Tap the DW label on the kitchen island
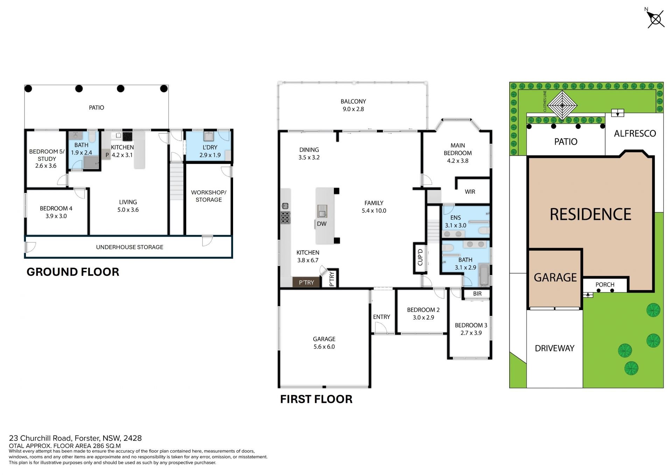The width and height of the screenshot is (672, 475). point(322,224)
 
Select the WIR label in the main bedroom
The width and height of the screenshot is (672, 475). point(470,192)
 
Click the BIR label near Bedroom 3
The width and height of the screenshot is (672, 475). point(477,294)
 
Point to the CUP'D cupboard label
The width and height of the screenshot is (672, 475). point(420,258)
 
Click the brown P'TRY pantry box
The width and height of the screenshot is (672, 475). point(306,282)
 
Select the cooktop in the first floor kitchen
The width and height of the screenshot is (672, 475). point(285,217)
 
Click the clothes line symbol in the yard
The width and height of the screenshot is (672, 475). point(562,105)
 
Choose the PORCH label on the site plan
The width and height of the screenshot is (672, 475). point(605,285)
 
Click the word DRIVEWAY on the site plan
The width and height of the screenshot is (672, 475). point(555,348)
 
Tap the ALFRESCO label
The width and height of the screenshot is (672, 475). point(635,133)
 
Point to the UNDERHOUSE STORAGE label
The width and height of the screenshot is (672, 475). point(129,247)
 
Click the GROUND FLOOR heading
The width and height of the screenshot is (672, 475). point(73,272)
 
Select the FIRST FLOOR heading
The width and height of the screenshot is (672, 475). point(316,399)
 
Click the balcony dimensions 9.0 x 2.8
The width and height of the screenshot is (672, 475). point(353,109)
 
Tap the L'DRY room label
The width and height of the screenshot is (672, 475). point(210,147)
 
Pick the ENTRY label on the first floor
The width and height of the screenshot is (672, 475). point(381,317)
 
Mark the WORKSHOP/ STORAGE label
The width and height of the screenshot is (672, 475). point(209,196)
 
